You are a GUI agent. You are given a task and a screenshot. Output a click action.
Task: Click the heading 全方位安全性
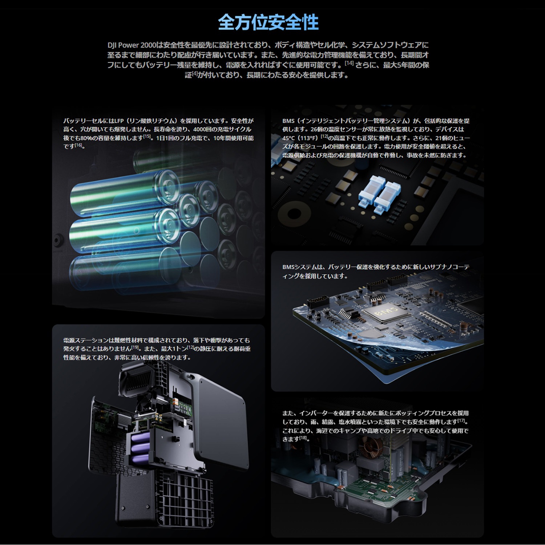[268, 23]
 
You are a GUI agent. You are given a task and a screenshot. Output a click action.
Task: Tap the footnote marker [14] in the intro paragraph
[349, 64]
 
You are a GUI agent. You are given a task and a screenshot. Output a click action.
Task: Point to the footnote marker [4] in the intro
[194, 74]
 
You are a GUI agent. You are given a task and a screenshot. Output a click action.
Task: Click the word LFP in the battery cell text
[119, 121]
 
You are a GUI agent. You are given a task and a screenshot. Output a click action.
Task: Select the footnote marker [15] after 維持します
[147, 137]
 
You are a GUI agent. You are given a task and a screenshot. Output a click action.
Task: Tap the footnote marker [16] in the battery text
[78, 145]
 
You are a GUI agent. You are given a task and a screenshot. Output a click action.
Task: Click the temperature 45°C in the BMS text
[290, 138]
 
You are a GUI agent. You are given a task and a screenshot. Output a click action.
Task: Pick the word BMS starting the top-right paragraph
[288, 121]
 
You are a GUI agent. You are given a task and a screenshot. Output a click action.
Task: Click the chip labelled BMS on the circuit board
[386, 312]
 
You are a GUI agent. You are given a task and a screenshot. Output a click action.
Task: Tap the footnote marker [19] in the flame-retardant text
[135, 348]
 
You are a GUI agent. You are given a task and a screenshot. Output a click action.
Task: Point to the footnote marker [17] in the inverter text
[461, 421]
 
